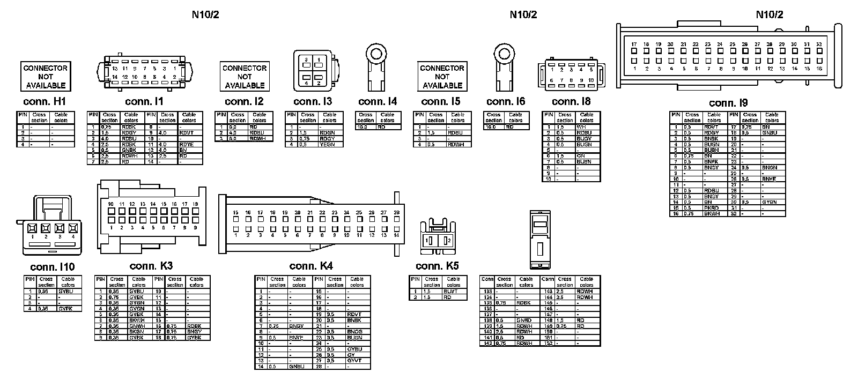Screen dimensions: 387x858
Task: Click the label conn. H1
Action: click(x=45, y=102)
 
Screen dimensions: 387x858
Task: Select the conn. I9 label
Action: click(x=728, y=103)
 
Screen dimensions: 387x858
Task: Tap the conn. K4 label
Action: click(x=311, y=266)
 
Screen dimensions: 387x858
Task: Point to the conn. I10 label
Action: click(x=53, y=267)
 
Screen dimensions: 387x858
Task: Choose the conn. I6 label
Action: click(x=506, y=102)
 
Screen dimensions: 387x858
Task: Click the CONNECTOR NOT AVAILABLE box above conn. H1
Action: click(x=46, y=76)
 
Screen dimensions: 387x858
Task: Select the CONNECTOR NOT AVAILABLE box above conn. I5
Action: click(x=442, y=76)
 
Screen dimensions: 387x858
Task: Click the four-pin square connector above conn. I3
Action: click(x=313, y=71)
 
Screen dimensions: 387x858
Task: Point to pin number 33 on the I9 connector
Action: click(x=819, y=44)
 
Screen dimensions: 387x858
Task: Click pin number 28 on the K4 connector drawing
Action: click(x=397, y=213)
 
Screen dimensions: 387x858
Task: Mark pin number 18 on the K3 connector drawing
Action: click(x=195, y=204)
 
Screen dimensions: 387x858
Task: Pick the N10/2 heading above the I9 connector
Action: click(x=770, y=14)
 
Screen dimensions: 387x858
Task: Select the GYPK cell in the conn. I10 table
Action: click(x=66, y=309)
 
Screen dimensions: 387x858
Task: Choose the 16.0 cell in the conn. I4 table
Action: click(x=365, y=127)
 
